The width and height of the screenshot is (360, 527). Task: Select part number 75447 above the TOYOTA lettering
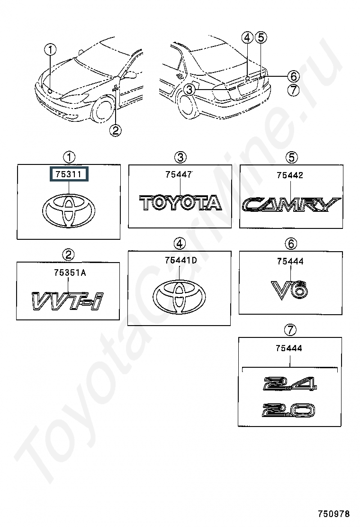click(x=179, y=174)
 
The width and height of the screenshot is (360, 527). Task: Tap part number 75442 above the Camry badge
click(x=290, y=175)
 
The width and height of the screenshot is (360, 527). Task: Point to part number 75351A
click(x=70, y=273)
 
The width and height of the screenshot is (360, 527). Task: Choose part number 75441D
click(x=181, y=260)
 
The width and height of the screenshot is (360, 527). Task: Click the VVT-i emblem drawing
click(x=67, y=300)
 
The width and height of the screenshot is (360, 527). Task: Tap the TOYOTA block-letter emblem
click(x=180, y=203)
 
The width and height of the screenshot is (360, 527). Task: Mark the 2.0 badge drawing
click(x=288, y=410)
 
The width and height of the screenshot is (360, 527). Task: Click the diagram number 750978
click(x=334, y=514)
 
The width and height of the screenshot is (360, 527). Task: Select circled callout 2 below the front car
click(x=115, y=130)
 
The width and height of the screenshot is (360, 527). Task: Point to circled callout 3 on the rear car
click(x=189, y=90)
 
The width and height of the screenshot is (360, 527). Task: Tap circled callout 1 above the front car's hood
click(x=50, y=50)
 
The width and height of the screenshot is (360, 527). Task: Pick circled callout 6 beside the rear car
click(x=293, y=76)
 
